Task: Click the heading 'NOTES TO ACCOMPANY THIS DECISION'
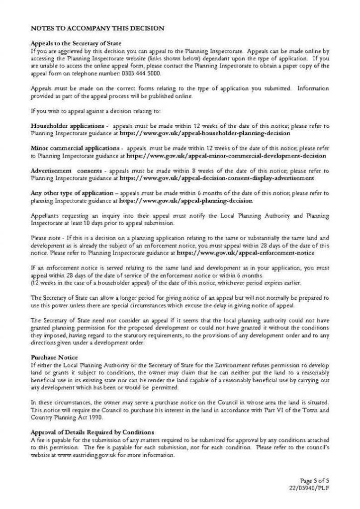[x=97, y=29]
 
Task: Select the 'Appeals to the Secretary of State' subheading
[x=76, y=44]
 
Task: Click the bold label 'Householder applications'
[x=67, y=126]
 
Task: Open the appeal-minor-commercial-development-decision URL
[x=226, y=156]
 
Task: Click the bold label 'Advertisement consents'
[x=66, y=170]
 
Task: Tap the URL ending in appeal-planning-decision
[x=185, y=201]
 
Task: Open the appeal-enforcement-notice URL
[x=246, y=253]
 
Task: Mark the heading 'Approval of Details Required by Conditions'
[x=92, y=432]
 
